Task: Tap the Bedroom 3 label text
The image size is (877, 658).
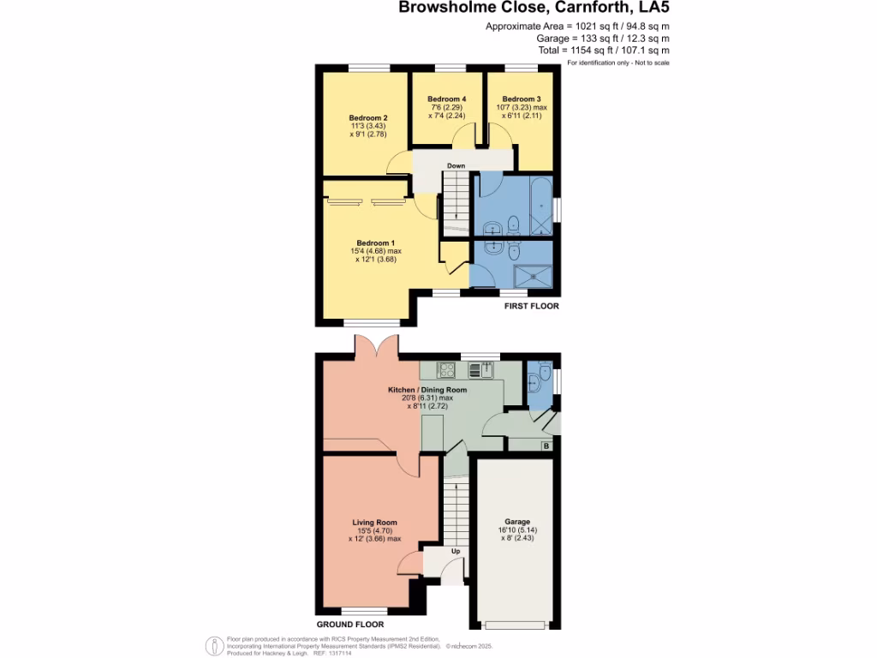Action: pos(522,99)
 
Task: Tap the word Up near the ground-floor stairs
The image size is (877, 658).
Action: pos(456,551)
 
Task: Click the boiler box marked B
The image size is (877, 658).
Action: pos(546,446)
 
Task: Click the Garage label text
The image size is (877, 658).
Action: pos(517,522)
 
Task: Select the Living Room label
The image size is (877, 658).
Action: pos(374,522)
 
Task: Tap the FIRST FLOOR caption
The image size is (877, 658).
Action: pos(531,306)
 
